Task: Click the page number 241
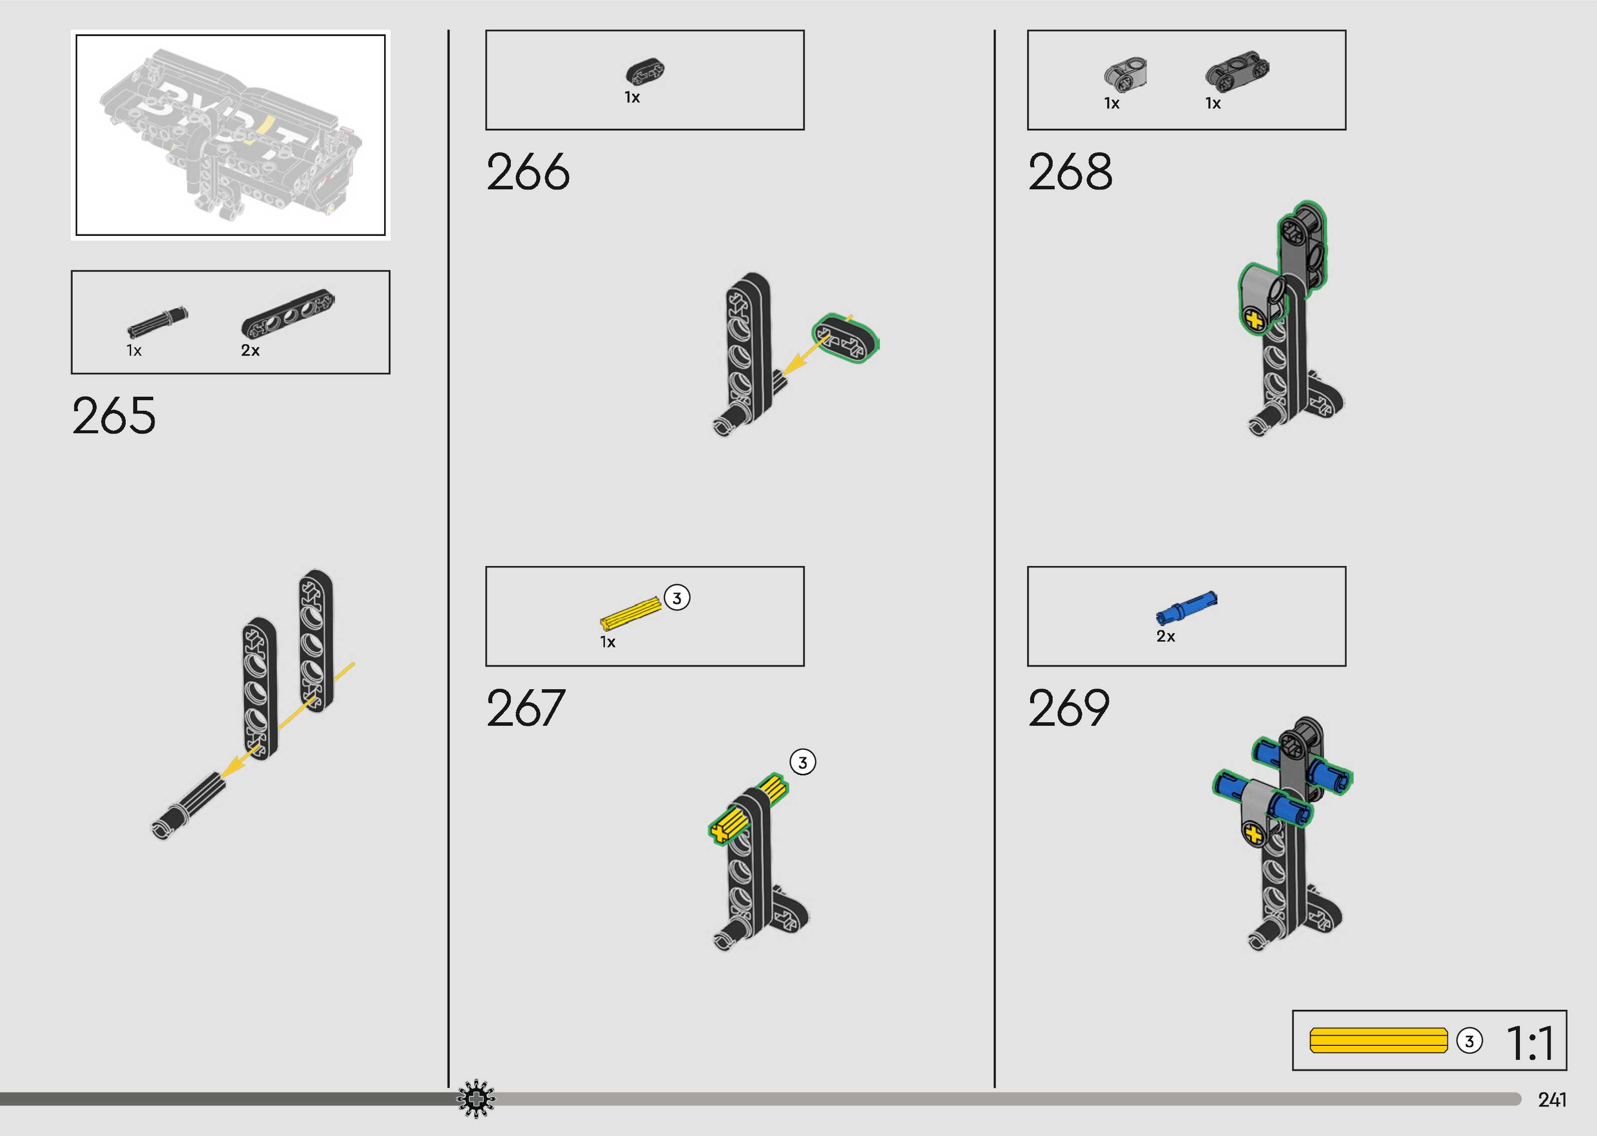click(x=1551, y=1099)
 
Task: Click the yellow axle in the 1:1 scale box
click(x=1378, y=1040)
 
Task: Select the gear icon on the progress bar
click(x=475, y=1099)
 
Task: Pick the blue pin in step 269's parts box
click(x=1186, y=606)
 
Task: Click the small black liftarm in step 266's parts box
click(x=645, y=71)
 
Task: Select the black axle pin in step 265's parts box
click(x=157, y=322)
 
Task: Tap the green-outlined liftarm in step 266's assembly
click(x=845, y=339)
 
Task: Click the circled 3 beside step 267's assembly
click(x=803, y=762)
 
